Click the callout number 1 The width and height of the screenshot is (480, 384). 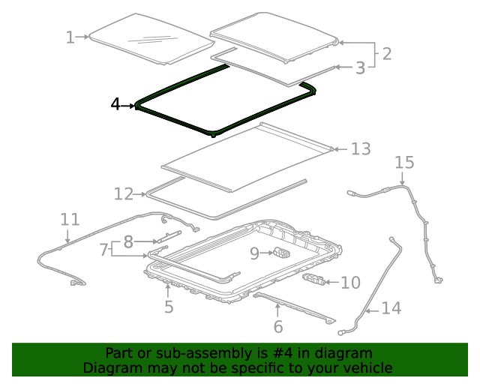click(70, 37)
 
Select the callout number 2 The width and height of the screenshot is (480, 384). click(386, 53)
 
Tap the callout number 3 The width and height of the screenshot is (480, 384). click(360, 67)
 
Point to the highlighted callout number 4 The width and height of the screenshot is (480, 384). click(115, 105)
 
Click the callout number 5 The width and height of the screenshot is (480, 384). click(169, 306)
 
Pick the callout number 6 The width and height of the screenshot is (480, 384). click(277, 326)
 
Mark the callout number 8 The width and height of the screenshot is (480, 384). click(128, 241)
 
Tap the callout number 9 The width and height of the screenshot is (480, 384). click(254, 253)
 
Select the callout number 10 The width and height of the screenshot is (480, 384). click(350, 283)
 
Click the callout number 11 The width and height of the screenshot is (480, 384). click(70, 219)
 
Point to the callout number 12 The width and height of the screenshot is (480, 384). click(123, 194)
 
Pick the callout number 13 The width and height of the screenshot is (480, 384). click(360, 149)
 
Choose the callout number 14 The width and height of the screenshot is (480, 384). click(391, 307)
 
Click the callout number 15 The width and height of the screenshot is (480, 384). click(403, 163)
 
